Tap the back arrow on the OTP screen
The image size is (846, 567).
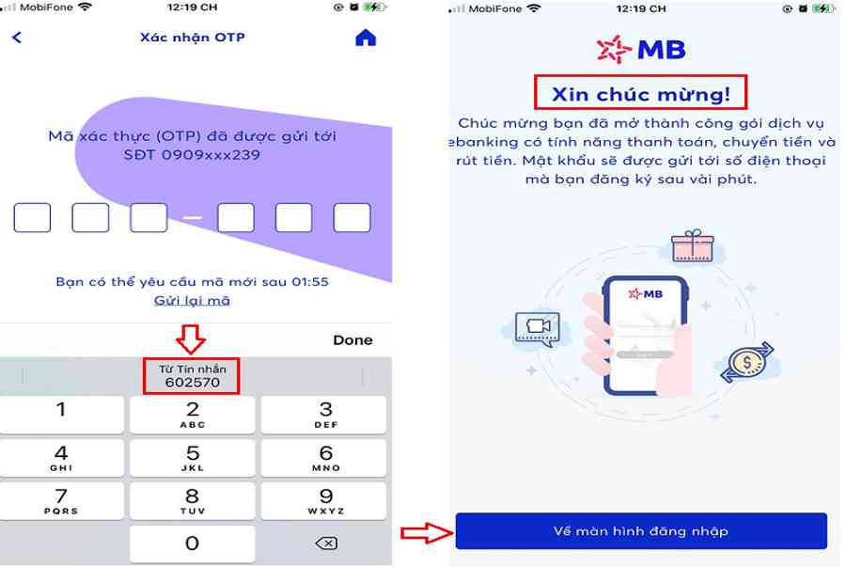tap(17, 38)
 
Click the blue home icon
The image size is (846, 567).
tap(366, 38)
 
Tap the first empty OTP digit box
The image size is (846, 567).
tap(32, 217)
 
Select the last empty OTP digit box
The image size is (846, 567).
tap(352, 217)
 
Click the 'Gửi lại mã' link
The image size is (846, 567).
tap(192, 301)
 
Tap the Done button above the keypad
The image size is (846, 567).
tap(352, 339)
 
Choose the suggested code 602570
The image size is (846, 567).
tap(192, 376)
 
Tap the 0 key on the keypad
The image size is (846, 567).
tap(192, 543)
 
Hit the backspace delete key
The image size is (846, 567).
tap(326, 543)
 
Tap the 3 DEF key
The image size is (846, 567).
tap(323, 415)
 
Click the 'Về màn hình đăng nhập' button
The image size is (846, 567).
tap(641, 531)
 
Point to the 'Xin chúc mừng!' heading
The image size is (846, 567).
tap(641, 94)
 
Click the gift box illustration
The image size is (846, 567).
tap(693, 246)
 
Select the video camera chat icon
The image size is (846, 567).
tap(538, 328)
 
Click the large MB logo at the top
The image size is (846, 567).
tap(641, 50)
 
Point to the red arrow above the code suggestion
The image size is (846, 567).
tap(191, 339)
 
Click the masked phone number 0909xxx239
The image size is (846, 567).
tap(192, 155)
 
